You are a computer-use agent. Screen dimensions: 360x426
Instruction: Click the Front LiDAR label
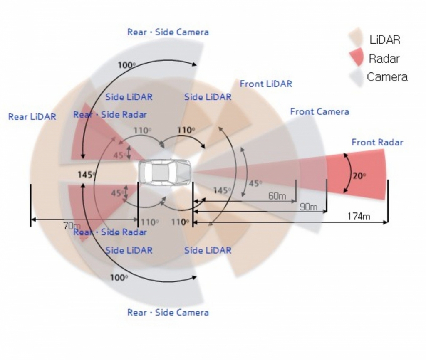coord(266,84)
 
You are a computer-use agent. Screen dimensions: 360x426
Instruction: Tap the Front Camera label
coord(319,112)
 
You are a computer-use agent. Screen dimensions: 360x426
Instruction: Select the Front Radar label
coord(377,143)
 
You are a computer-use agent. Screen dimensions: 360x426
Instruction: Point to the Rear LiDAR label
coord(32,117)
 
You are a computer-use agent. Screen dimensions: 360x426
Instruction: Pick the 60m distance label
coord(277,196)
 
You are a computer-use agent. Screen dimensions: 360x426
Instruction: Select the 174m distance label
coord(359,216)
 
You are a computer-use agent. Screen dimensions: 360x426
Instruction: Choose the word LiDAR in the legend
coord(384,40)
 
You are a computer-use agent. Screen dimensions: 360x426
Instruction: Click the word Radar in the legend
coord(384,59)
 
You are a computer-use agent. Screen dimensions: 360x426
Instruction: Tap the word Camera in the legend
coord(387,77)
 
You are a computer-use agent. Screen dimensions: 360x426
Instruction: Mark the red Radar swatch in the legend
coord(357,57)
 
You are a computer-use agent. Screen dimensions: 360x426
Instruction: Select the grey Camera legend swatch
coord(356,77)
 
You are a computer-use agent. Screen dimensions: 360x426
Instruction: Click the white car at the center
coord(165,172)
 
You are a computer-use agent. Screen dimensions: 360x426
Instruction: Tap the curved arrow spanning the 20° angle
coord(345,173)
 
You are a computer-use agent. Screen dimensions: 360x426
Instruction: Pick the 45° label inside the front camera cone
coord(255,183)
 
